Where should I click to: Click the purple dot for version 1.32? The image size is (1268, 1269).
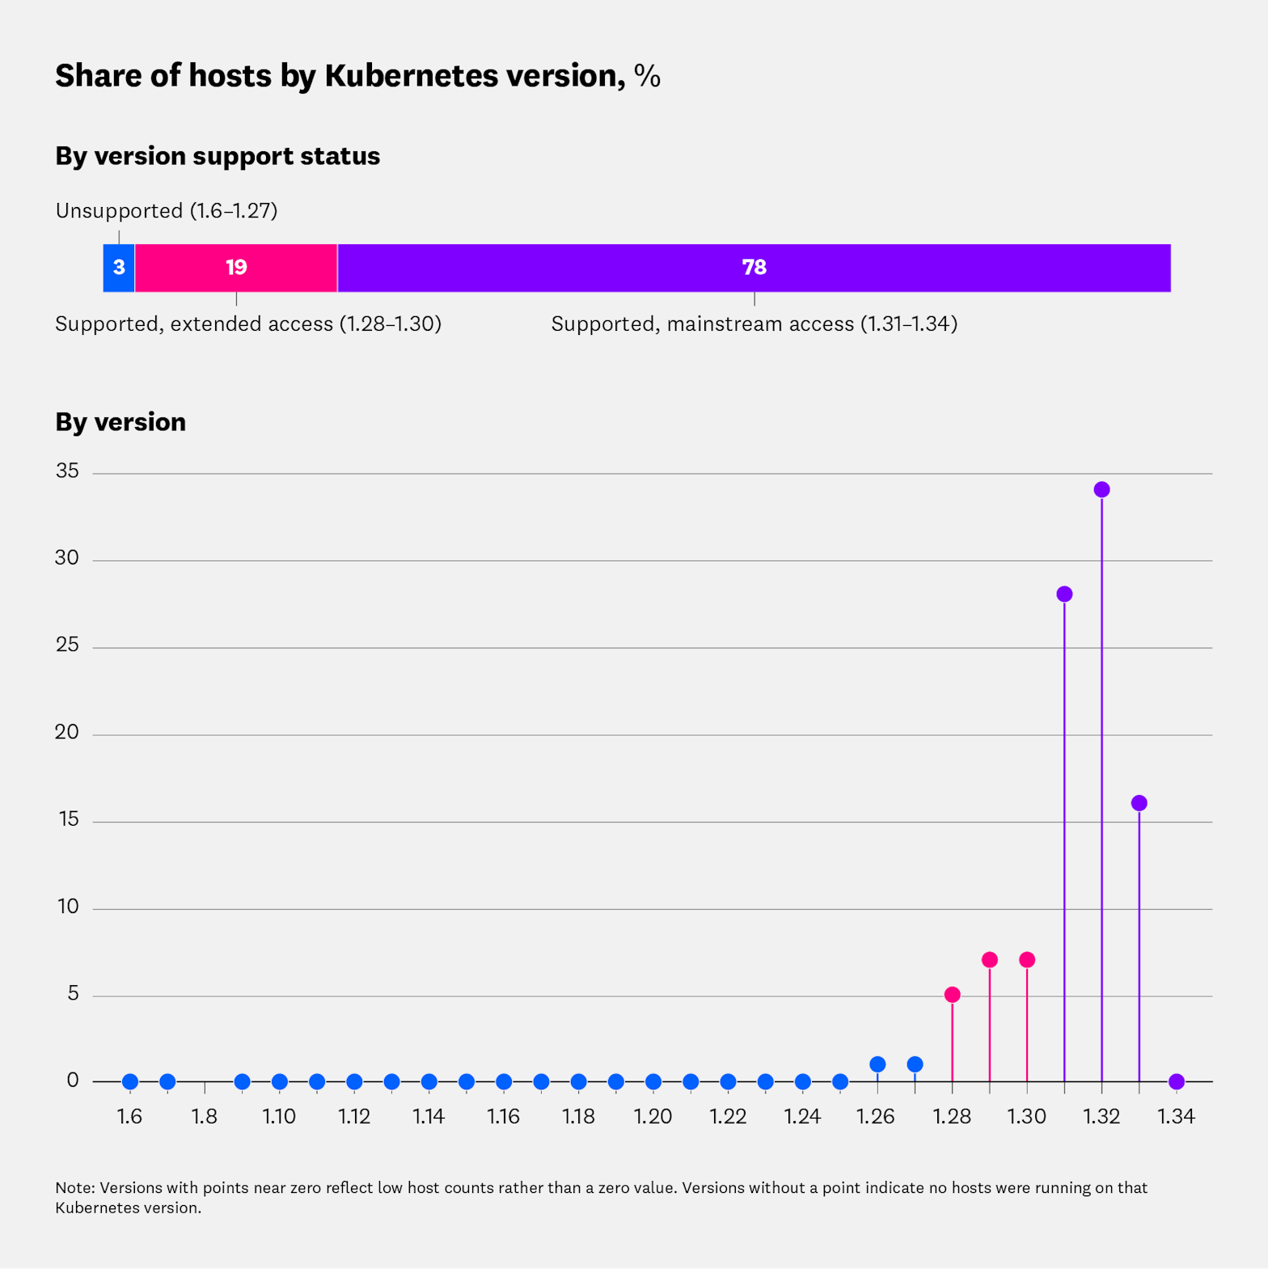1101,489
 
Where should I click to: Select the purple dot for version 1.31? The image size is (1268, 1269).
1064,594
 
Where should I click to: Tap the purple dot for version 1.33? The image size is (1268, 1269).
1139,803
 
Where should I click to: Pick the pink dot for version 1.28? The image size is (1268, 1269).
952,994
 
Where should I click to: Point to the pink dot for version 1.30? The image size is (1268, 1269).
1027,960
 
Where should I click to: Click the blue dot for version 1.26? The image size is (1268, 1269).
877,1064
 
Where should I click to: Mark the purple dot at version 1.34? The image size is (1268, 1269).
1177,1081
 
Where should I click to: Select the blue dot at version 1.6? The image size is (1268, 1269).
130,1081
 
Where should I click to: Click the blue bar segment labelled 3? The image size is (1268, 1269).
119,268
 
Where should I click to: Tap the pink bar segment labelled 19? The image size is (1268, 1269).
236,268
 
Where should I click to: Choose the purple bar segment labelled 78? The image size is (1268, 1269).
754,268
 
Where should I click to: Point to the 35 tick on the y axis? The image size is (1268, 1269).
68,471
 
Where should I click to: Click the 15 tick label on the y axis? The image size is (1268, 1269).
68,819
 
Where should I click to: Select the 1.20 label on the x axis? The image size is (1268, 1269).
653,1117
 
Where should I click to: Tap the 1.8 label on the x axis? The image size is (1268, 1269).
205,1117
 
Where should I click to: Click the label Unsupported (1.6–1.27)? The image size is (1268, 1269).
167,211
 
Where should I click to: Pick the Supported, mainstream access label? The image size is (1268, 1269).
754,324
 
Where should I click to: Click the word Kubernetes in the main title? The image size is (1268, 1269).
412,76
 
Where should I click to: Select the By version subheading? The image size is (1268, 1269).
120,422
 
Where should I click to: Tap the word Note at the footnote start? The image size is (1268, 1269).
74,1188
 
